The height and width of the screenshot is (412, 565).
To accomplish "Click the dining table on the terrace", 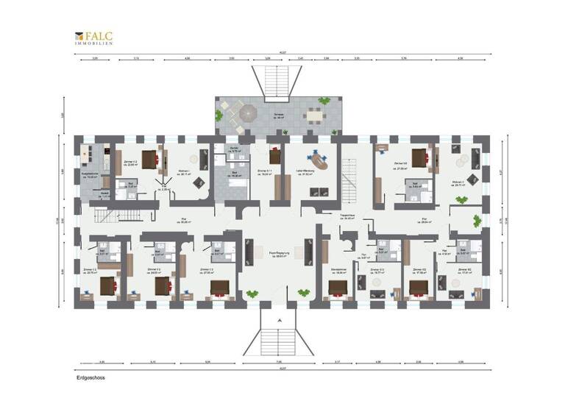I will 316,114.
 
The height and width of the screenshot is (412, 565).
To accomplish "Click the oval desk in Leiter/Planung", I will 319,158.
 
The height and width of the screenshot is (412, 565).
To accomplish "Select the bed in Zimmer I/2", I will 150,157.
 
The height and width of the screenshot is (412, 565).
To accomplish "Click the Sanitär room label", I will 234,149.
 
